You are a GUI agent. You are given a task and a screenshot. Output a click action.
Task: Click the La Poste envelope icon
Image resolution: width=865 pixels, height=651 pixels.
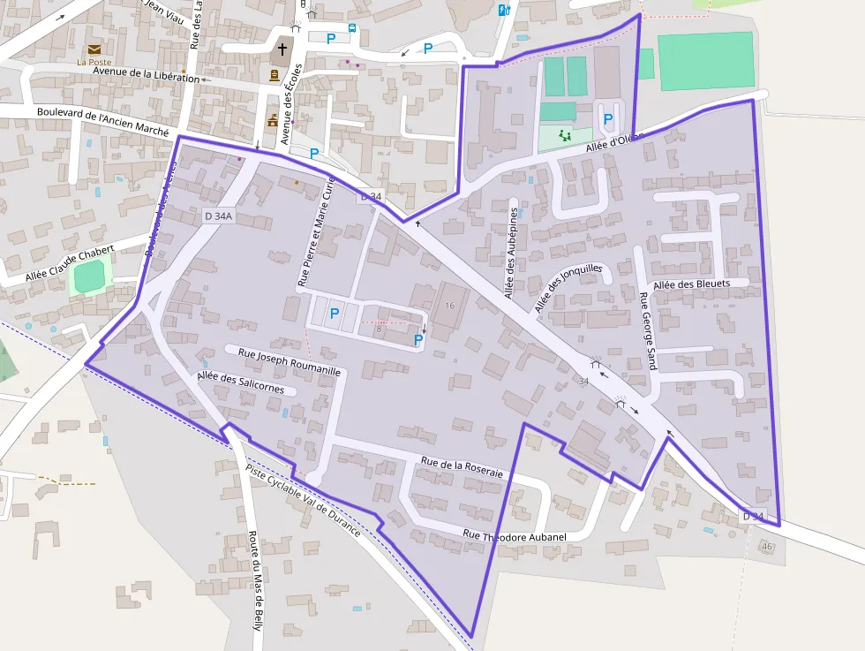point(94,49)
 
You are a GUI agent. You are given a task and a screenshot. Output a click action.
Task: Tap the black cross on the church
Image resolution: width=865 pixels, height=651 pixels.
point(283,49)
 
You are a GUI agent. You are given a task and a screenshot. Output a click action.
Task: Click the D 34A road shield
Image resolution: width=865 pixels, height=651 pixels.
point(217,216)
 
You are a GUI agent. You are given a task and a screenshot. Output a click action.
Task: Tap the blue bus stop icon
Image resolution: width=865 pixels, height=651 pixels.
point(352,28)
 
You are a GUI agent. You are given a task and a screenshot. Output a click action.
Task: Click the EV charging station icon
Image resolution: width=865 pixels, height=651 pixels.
point(504,10)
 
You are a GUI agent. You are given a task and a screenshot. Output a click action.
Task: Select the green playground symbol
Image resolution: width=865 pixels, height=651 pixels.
point(564,134)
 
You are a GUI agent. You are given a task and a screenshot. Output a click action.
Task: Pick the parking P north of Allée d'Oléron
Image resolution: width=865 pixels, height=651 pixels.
point(607,118)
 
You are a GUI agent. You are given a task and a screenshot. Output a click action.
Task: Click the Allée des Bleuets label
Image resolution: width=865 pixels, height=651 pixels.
point(692,284)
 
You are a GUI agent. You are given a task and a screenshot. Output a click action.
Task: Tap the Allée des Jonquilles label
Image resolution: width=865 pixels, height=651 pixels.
point(568,287)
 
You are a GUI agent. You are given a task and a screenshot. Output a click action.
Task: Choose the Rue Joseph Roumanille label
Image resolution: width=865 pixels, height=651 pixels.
point(290,361)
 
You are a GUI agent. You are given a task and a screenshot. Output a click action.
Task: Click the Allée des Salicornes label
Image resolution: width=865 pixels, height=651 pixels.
point(240,382)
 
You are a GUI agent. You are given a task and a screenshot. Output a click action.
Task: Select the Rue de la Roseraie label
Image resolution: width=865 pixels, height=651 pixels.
point(462,466)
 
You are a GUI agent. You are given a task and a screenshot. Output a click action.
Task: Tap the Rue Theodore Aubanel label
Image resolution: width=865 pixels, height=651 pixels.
point(515,535)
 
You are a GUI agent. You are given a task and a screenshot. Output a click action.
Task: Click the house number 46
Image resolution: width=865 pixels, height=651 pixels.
point(766,548)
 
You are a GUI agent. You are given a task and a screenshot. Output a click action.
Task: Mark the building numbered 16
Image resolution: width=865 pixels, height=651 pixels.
point(450,306)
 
